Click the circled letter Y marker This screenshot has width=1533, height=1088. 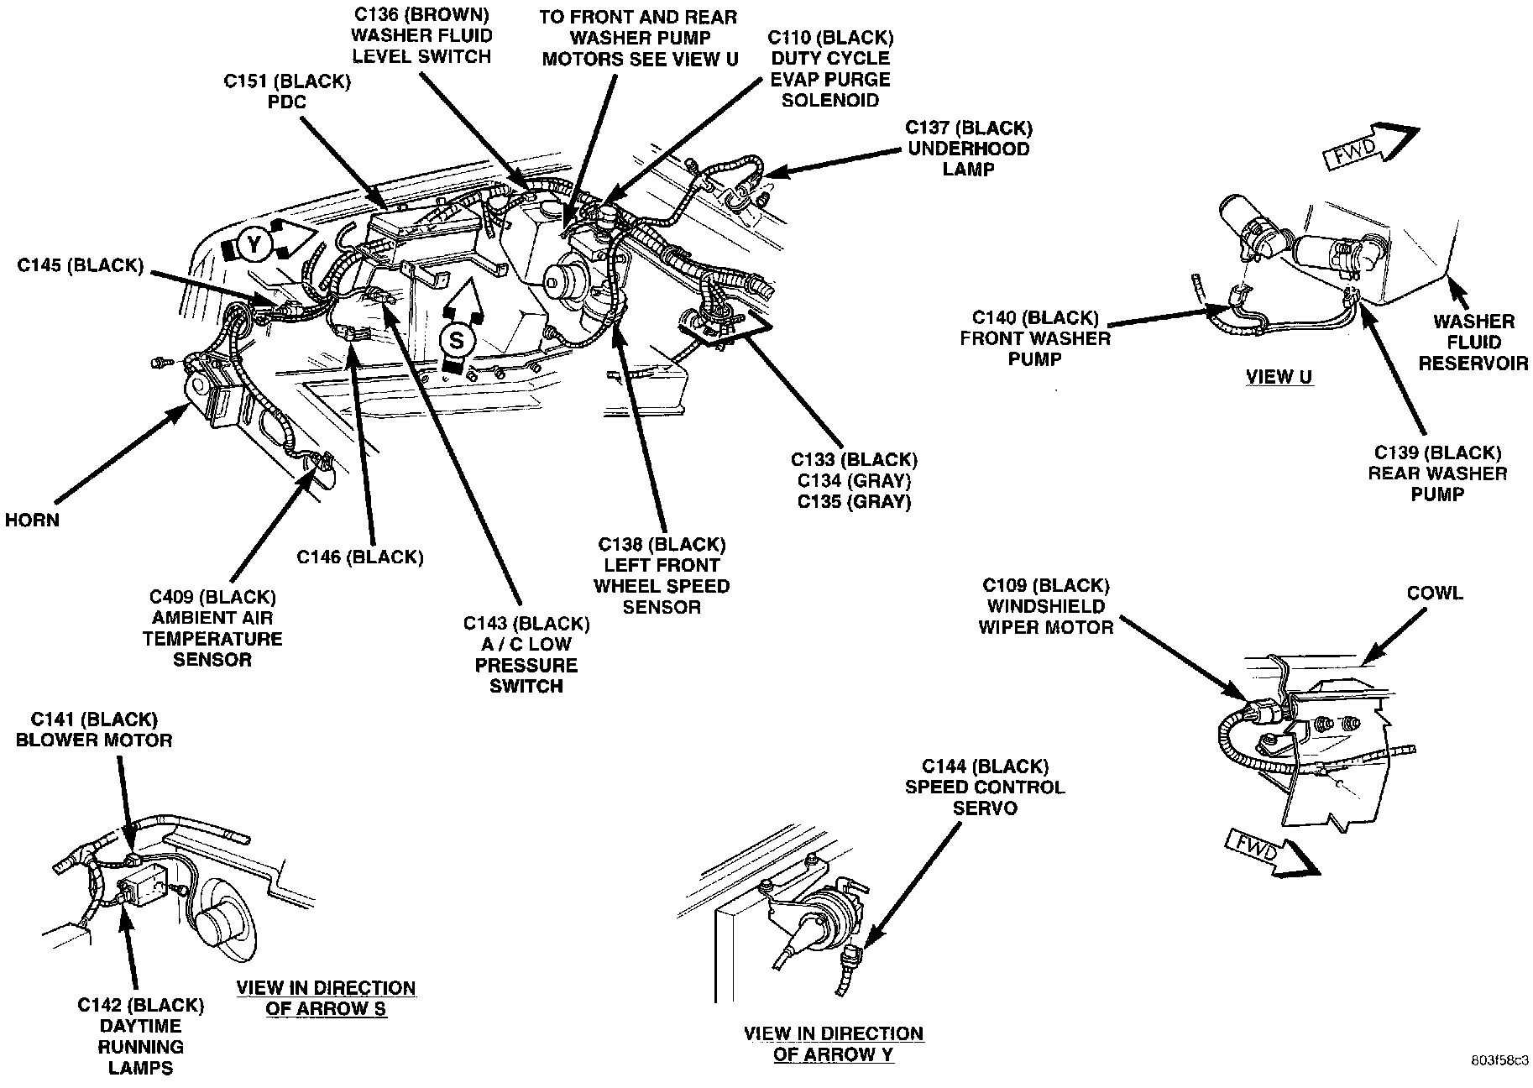click(253, 244)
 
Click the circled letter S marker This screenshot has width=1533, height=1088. click(456, 340)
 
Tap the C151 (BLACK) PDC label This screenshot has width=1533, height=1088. click(287, 92)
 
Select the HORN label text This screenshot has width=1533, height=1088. click(32, 520)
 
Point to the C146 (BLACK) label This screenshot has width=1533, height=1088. click(360, 557)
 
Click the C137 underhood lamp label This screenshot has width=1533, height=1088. click(969, 149)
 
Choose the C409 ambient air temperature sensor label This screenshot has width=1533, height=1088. click(212, 628)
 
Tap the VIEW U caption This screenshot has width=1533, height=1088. click(1279, 377)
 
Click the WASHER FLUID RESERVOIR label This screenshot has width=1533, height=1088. click(1473, 343)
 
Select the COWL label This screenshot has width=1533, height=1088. click(1435, 594)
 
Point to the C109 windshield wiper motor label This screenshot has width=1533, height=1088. click(1046, 606)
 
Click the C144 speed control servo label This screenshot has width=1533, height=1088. click(985, 787)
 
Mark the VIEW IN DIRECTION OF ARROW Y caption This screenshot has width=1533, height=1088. click(834, 1044)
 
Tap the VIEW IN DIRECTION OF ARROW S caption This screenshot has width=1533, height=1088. click(326, 998)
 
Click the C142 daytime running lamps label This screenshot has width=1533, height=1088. click(140, 1036)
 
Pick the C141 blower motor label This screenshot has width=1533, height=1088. click(94, 730)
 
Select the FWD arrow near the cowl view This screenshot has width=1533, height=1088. click(1268, 853)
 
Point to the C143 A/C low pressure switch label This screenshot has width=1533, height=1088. click(526, 655)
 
